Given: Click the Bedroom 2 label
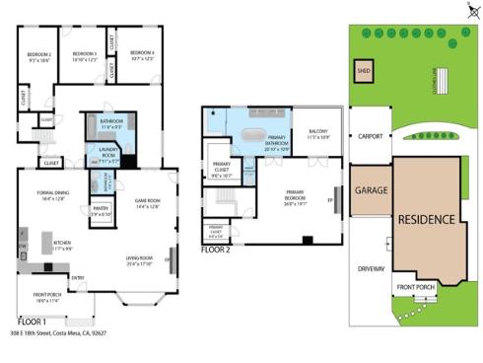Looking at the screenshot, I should tap(39, 56).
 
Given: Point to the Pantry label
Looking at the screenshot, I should tap(101, 211).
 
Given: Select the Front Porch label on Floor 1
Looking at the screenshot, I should tap(49, 299).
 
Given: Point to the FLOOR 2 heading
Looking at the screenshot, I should tap(215, 250).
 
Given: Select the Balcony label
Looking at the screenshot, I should tap(316, 135).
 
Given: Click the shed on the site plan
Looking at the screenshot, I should tap(363, 73).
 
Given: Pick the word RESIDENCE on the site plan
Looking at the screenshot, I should tap(427, 219).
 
